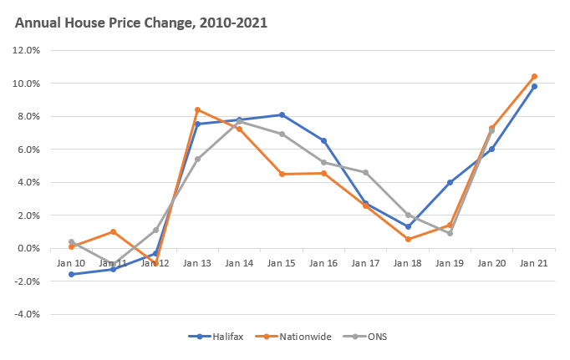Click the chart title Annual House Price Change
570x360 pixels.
point(141,23)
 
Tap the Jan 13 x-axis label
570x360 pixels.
point(197,262)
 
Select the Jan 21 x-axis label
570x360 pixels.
point(534,262)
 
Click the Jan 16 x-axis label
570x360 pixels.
point(323,262)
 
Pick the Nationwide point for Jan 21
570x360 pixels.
point(534,77)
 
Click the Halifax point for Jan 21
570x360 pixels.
point(534,86)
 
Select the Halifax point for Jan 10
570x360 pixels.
point(71,274)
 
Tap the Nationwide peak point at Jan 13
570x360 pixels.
point(197,109)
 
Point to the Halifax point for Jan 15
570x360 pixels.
point(282,114)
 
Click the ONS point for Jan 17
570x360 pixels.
point(366,172)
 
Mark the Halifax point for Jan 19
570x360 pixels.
point(450,182)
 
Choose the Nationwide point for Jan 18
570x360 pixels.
point(408,239)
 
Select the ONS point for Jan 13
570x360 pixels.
point(197,159)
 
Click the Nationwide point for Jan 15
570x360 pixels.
point(282,174)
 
